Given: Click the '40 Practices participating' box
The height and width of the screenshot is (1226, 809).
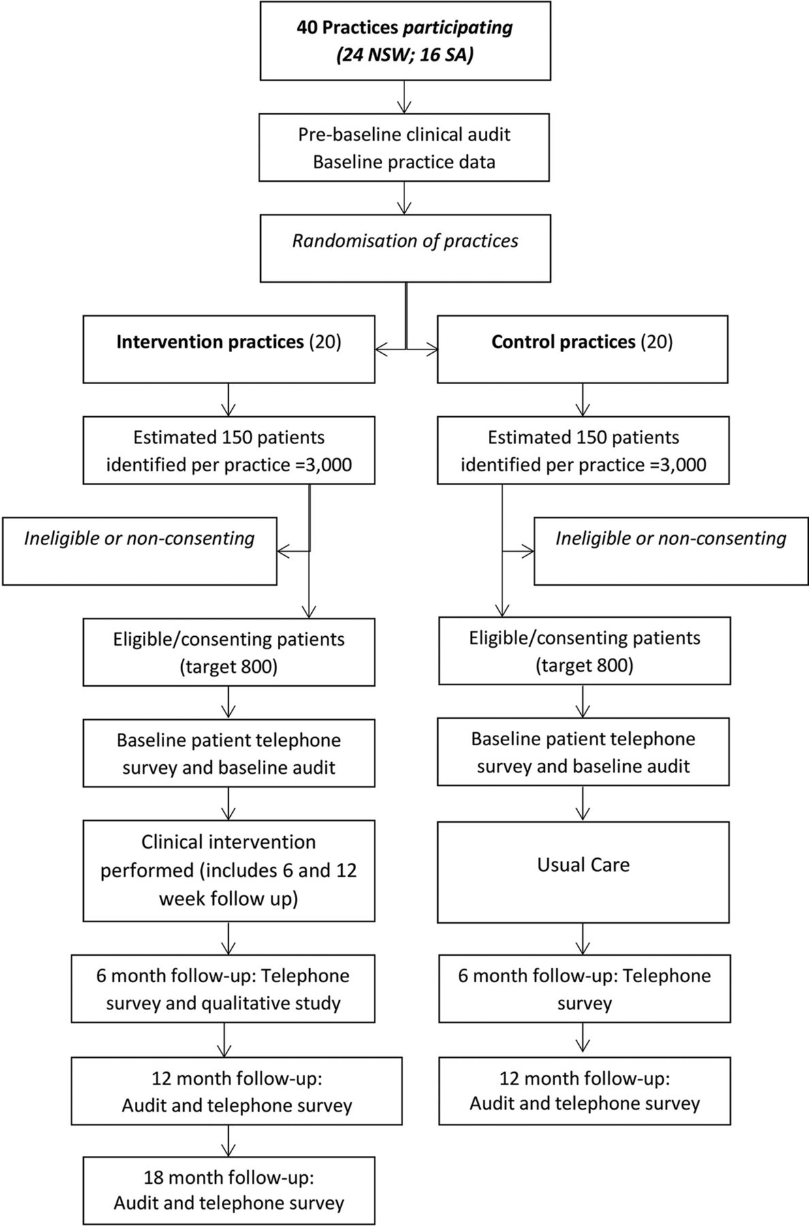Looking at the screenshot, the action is (x=405, y=41).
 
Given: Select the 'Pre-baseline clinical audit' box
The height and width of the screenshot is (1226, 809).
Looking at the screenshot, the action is (x=404, y=147).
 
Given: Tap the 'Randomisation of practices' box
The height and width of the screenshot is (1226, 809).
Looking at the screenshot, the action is (x=405, y=248).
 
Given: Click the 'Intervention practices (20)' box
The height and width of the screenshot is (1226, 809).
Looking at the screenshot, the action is (x=229, y=349).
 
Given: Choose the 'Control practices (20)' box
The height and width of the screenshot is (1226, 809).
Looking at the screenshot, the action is (x=582, y=349).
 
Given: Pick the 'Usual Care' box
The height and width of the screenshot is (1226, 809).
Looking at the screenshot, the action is (x=584, y=872).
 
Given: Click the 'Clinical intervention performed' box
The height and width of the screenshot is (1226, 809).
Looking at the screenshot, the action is (x=229, y=870).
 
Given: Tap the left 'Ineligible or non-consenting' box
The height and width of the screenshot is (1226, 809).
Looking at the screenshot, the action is (x=140, y=551).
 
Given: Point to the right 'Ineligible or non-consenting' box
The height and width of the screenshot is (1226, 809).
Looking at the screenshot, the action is (x=671, y=551).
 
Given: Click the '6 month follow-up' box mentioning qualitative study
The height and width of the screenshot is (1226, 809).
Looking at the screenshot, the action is (x=223, y=988).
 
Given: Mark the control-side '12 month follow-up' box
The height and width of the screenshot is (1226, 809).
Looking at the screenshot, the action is (x=584, y=1090).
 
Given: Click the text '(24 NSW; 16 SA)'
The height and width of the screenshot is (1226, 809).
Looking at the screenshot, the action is (x=405, y=54).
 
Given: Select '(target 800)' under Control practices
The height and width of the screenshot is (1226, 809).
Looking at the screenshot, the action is (x=584, y=665).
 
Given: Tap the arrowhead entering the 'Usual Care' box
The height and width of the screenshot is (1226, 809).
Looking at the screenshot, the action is (x=583, y=815).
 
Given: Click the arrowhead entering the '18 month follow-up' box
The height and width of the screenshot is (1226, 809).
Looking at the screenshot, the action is (x=229, y=1150).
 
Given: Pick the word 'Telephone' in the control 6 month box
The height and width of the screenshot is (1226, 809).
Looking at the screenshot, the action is (x=667, y=975).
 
